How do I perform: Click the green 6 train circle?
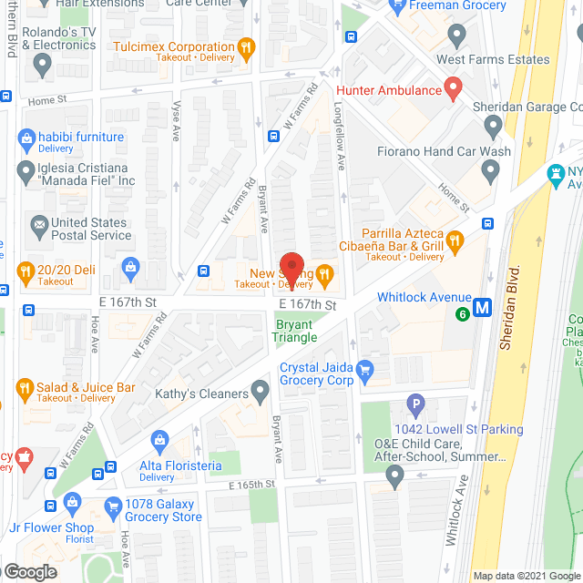[463, 314]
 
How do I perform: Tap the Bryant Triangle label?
[294, 330]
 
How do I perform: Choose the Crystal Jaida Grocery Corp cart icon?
[366, 370]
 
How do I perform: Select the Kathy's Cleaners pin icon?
[261, 393]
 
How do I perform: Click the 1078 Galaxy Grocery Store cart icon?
[114, 506]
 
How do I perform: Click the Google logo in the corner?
[30, 572]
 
